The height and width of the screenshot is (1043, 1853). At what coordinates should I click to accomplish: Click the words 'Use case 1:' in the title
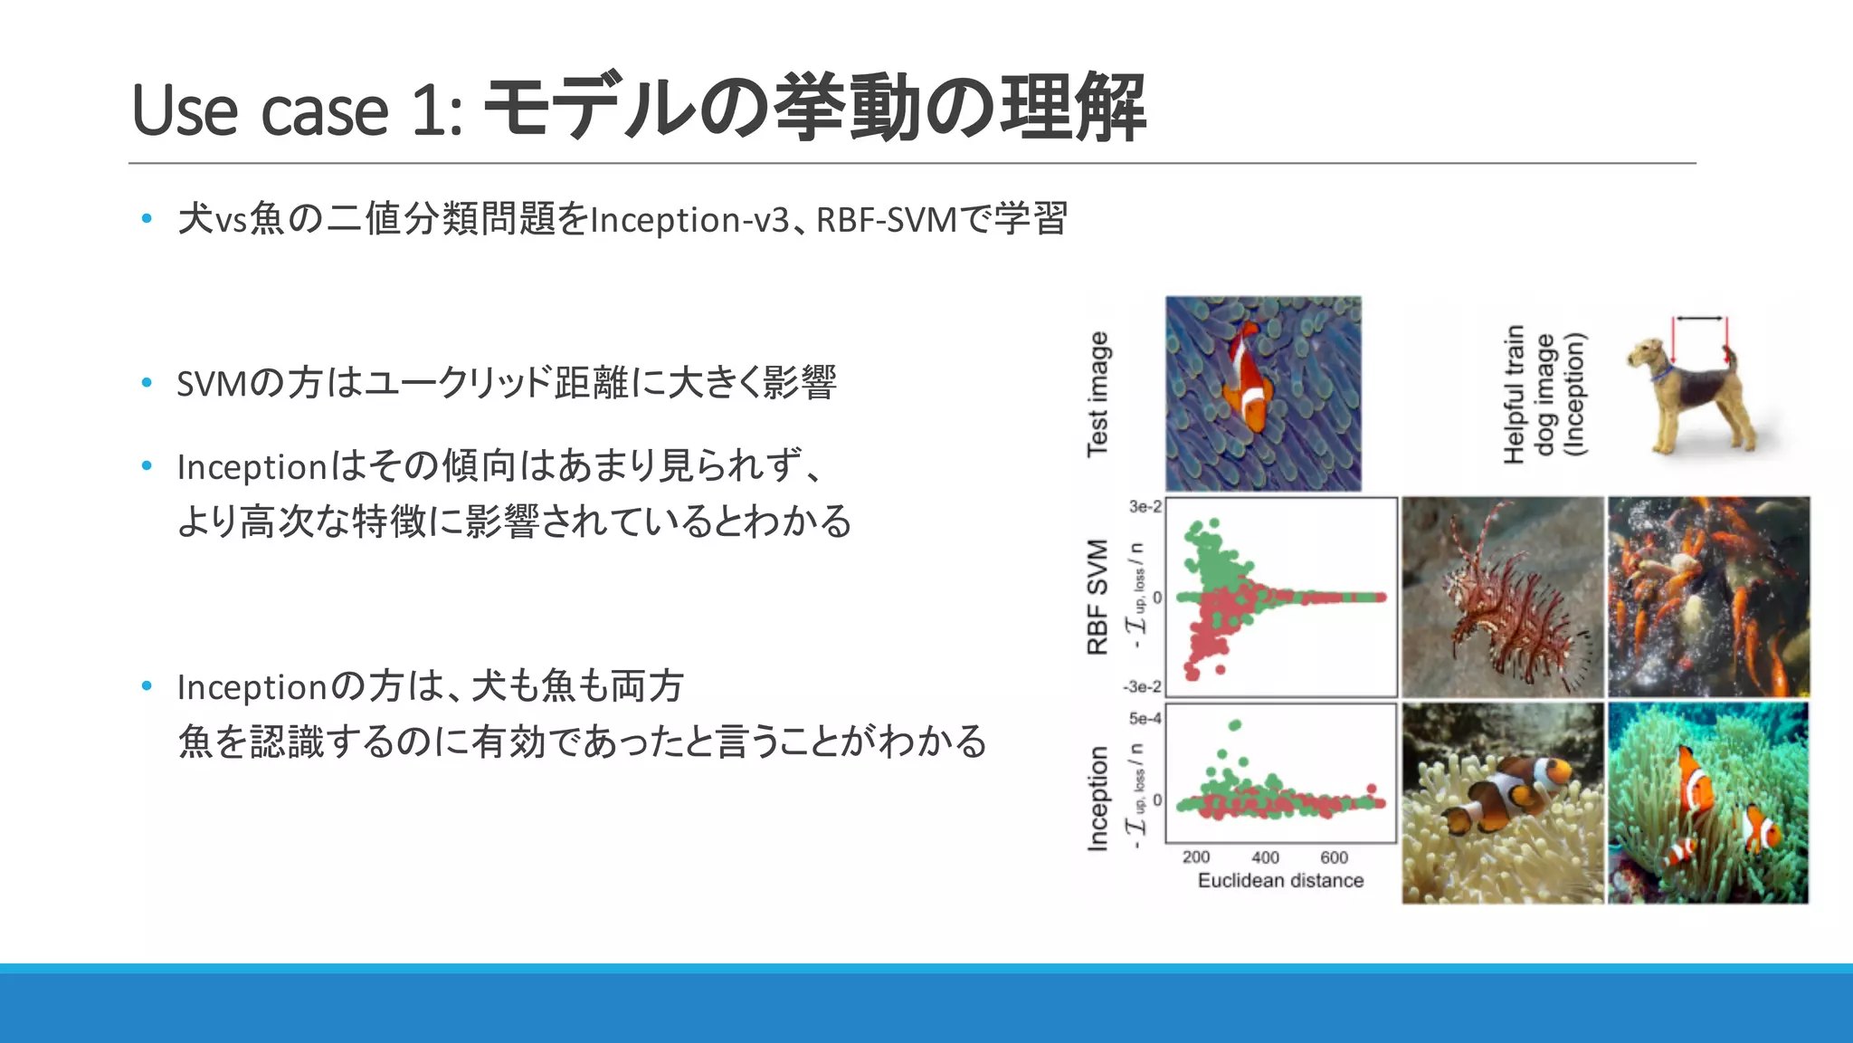pos(297,110)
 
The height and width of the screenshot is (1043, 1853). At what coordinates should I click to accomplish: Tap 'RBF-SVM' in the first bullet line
pos(886,220)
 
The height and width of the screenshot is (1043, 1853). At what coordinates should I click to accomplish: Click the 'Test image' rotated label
pos(1098,394)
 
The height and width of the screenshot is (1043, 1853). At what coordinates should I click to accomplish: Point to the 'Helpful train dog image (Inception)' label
pos(1544,394)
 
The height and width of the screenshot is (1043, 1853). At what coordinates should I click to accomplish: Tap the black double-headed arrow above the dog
pos(1698,319)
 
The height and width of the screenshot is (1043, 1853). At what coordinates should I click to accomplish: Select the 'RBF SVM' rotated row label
pos(1098,597)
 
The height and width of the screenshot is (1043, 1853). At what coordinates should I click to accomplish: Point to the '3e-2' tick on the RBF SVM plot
pos(1145,507)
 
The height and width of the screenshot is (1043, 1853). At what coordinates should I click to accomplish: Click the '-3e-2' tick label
pos(1142,687)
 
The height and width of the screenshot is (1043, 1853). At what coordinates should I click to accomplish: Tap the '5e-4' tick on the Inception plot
pos(1145,719)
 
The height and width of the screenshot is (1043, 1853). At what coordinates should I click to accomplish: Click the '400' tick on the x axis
pos(1265,857)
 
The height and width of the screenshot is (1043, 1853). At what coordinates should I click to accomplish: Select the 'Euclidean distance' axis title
pos(1280,880)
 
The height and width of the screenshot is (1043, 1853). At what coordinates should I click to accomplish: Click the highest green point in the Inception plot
pos(1235,725)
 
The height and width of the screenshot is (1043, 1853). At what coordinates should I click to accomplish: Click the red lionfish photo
pos(1502,597)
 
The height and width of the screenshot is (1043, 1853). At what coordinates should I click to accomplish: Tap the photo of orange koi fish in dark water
pos(1708,597)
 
